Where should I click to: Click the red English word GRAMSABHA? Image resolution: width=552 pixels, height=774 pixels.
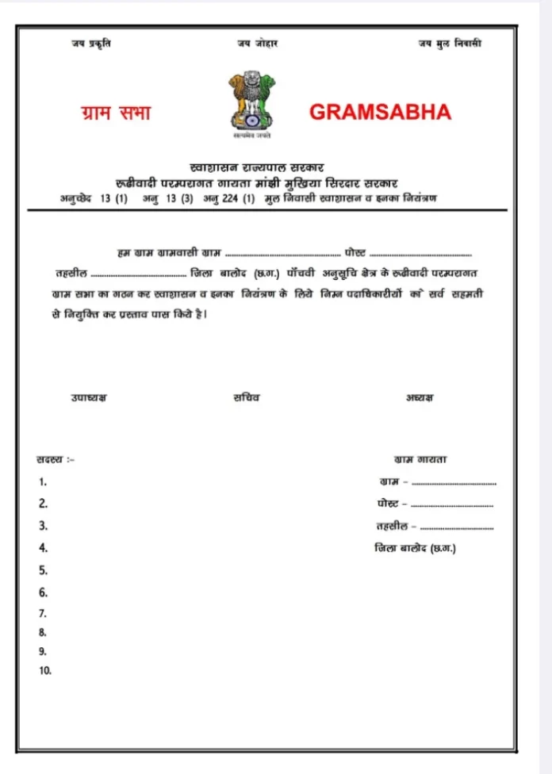click(380, 112)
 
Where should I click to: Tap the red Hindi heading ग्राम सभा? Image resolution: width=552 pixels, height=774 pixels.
click(117, 113)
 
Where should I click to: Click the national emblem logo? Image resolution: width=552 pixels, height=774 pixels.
click(251, 103)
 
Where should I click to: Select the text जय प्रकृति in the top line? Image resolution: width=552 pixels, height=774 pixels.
click(91, 43)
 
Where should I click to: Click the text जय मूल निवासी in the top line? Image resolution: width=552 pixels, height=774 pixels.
click(450, 43)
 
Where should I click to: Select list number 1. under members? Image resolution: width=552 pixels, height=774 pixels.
click(43, 481)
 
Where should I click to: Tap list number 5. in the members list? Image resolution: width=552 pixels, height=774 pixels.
click(43, 570)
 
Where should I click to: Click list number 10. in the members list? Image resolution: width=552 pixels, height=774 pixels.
click(45, 671)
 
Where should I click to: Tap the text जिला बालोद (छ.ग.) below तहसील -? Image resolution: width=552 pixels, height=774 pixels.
click(415, 548)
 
